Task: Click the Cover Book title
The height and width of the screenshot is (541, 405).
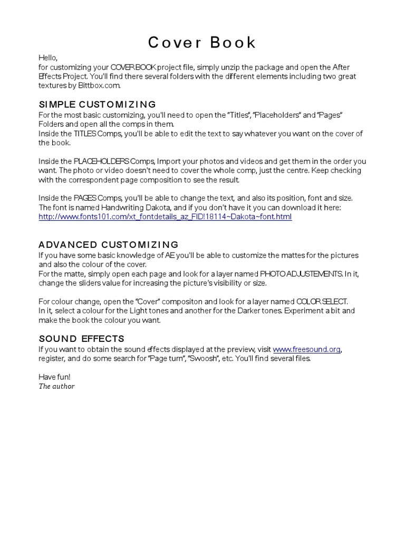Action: click(202, 43)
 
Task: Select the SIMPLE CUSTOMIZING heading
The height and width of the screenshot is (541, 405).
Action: click(97, 104)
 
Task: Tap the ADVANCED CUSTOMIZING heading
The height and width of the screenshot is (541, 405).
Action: click(109, 245)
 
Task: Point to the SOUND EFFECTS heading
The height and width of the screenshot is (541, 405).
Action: click(81, 339)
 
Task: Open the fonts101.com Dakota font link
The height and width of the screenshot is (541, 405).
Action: click(165, 217)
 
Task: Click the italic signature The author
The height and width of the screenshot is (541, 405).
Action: click(56, 386)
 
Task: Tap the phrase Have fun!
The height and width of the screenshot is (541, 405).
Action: click(54, 377)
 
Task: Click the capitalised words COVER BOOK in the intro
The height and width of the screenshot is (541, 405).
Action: click(132, 67)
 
